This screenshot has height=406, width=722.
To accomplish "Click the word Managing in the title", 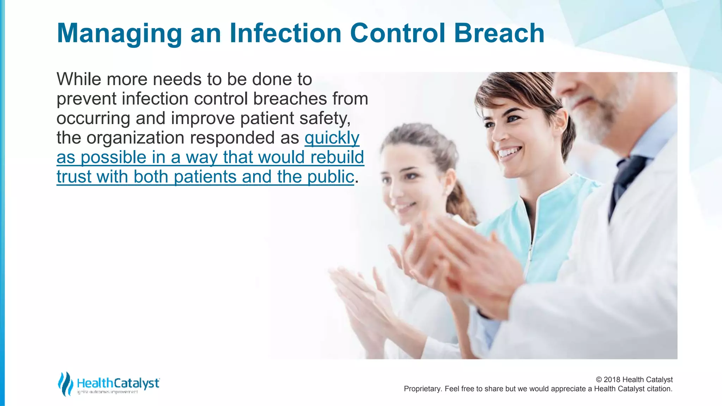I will tap(119, 34).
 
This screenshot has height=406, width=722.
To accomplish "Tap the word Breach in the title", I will tap(499, 33).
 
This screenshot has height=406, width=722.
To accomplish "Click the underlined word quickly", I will tap(332, 138).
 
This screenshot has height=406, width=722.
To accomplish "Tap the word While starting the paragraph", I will tap(79, 79).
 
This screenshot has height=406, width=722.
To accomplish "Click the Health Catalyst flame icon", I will tap(65, 383).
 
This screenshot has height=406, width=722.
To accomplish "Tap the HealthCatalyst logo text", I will tap(118, 383).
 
